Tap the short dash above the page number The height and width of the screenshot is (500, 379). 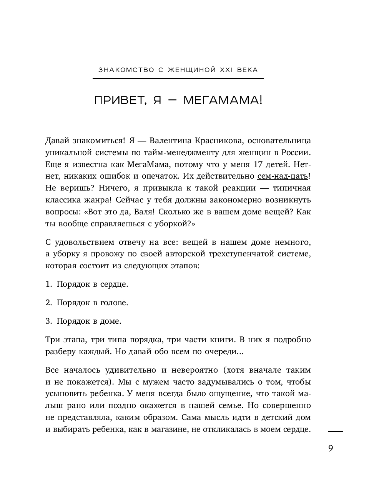336,432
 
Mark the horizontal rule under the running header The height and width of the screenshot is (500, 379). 178,79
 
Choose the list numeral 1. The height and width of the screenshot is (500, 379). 48,284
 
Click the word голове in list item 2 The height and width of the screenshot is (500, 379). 114,303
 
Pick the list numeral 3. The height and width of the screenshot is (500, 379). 48,321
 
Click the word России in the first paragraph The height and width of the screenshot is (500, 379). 297,152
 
